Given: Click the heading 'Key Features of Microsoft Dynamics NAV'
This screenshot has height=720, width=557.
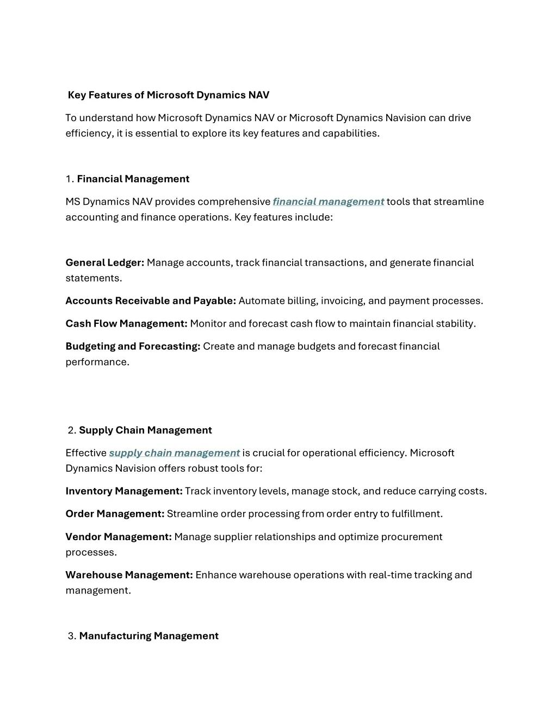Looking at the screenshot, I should click(x=169, y=95).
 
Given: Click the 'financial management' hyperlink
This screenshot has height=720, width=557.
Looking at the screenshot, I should click(x=329, y=202).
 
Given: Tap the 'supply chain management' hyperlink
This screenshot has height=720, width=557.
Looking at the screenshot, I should click(x=174, y=453).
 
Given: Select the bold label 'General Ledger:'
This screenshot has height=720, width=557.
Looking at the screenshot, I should click(x=104, y=262).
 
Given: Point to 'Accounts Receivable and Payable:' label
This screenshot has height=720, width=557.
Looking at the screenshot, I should click(x=151, y=300).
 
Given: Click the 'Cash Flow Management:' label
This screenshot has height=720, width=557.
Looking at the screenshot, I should click(x=126, y=323).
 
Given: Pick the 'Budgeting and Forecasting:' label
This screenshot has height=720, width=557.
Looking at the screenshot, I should click(x=133, y=346).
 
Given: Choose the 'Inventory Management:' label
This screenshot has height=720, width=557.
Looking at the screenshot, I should click(x=124, y=491).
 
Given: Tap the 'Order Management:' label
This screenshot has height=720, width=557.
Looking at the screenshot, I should click(x=115, y=514).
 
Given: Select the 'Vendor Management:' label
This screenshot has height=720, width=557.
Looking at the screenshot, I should click(x=119, y=536).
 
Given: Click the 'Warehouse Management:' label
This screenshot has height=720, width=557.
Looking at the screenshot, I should click(x=129, y=574).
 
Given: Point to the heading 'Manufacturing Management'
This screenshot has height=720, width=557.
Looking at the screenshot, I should click(x=148, y=636).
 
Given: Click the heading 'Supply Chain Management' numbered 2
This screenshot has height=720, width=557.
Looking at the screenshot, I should click(x=145, y=430).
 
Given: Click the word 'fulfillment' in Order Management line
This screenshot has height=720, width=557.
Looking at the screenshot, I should click(x=416, y=514).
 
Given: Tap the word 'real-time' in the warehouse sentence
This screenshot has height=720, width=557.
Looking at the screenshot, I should click(x=390, y=574).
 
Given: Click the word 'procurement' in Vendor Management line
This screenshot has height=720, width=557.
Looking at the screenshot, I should click(x=411, y=536).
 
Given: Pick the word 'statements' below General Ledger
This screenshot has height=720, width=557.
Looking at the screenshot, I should click(x=93, y=278).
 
